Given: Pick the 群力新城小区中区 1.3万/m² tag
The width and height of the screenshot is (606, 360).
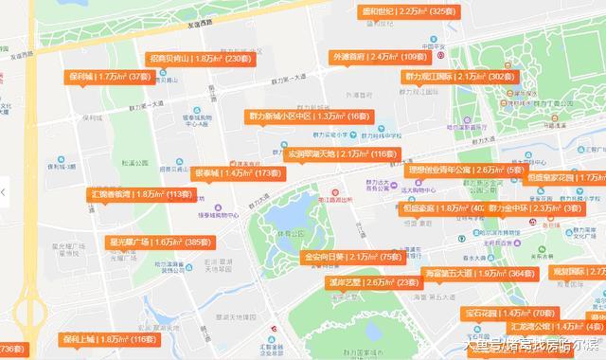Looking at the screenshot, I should tap(307, 116).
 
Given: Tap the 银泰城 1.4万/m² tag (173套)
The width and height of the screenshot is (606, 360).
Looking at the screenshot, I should tap(237, 173).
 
